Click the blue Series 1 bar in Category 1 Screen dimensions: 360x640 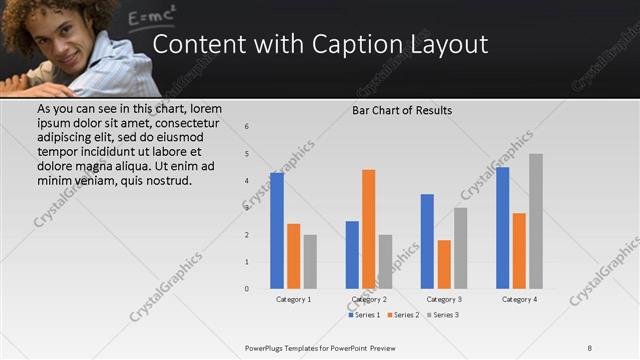pos(277,231)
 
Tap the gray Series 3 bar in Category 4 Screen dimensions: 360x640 pos(536,221)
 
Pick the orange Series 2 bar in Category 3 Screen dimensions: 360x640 pos(444,264)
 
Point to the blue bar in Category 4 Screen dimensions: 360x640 pos(502,228)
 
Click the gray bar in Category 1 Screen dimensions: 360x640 pos(310,262)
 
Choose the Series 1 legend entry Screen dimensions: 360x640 pos(364,315)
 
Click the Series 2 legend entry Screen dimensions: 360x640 pos(403,315)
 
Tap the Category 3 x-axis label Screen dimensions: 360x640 pos(444,299)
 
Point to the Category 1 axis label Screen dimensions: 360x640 pos(294,299)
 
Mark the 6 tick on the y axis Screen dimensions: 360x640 pos(247,127)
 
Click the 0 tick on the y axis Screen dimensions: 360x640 pos(247,289)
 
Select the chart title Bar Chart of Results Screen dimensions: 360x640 pos(402,110)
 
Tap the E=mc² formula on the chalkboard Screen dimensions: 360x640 pos(152,15)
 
